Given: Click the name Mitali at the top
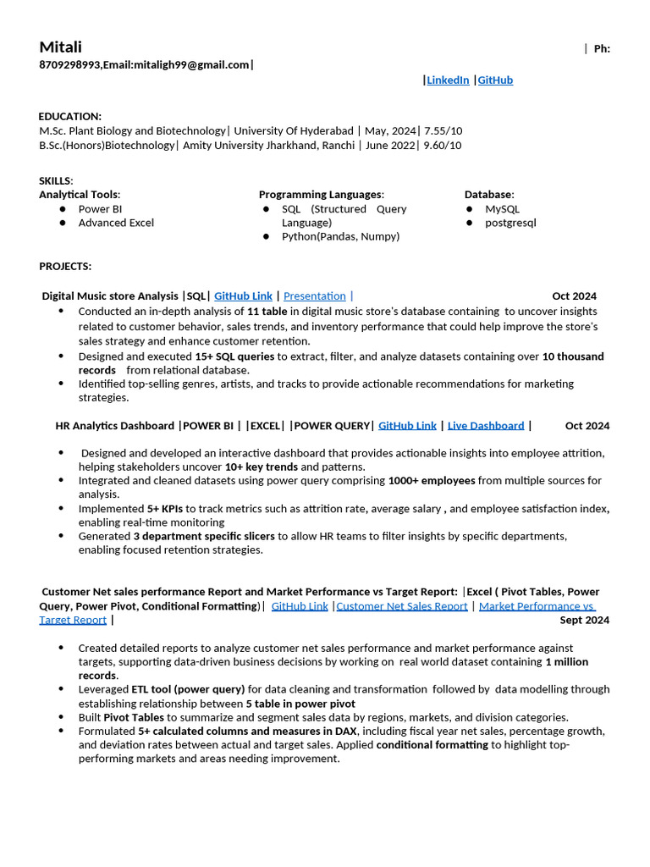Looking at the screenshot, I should (60, 47).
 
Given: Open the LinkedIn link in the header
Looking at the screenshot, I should (448, 80).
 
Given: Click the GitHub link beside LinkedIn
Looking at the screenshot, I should (495, 80).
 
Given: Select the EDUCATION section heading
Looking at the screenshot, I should (70, 116).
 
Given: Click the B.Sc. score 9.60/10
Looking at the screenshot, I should (443, 145).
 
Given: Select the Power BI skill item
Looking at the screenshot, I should (100, 208).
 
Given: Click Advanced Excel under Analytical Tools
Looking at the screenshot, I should (116, 223).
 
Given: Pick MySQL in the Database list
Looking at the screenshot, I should (503, 208).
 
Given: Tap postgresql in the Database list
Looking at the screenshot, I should (510, 223).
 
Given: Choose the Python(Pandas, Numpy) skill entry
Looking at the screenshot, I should (340, 236).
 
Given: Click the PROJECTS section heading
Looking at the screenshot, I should (65, 266).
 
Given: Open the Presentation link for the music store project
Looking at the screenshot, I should (314, 295).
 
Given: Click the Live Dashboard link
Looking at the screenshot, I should (486, 425).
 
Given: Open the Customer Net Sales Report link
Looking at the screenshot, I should (402, 605).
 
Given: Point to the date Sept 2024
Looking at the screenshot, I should (585, 620).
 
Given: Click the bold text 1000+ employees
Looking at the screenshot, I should (431, 480).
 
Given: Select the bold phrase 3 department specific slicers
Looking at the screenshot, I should (204, 536).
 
